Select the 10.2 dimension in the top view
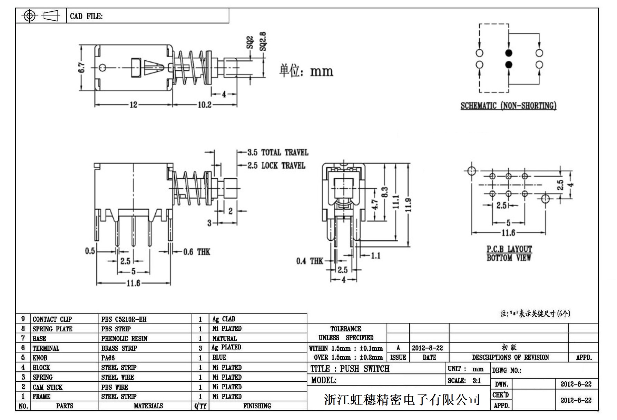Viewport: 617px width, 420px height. (204, 104)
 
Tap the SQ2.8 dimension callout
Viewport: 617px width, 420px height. (263, 41)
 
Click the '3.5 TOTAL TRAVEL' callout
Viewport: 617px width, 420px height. (278, 152)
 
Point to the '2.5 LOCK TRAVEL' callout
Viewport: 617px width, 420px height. (276, 166)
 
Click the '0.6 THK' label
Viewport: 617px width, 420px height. (196, 252)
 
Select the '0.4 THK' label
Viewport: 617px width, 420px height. (309, 261)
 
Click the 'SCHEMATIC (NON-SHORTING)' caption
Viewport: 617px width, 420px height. (508, 106)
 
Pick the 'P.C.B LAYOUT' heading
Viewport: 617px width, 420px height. (509, 249)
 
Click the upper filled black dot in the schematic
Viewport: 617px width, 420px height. (509, 53)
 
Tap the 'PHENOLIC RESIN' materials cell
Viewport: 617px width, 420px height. (124, 339)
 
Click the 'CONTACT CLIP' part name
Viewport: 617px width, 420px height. (52, 319)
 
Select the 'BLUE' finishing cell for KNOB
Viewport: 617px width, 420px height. (219, 358)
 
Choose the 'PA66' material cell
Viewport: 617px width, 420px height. (108, 358)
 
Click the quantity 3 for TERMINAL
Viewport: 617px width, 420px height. (200, 348)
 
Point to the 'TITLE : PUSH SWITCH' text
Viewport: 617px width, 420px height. (350, 369)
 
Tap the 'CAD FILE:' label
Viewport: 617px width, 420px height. (86, 16)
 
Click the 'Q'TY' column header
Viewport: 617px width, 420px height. (200, 406)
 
